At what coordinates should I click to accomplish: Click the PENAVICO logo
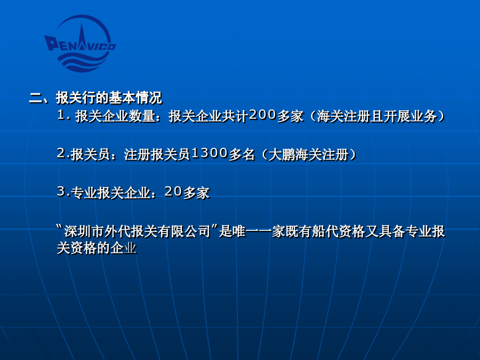point(80,44)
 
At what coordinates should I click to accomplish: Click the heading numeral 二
point(36,98)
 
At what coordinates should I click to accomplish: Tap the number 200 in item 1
point(262,115)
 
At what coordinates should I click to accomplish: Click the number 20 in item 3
point(173,191)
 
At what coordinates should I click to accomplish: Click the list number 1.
point(61,115)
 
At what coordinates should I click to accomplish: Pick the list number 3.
point(61,191)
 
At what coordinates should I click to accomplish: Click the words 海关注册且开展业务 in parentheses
point(377,116)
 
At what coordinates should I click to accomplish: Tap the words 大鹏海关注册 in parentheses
point(309,154)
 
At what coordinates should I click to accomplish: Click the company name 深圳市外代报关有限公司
point(138,231)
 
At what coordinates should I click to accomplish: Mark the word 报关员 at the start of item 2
point(91,154)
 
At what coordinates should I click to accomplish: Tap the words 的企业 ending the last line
point(117,247)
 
